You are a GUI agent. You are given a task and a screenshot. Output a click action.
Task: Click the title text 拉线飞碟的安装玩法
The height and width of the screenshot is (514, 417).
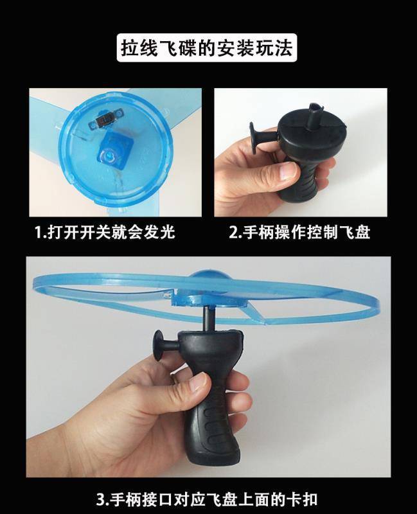tap(207, 48)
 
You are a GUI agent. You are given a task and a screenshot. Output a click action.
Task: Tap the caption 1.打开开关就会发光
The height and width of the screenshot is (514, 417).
tap(105, 233)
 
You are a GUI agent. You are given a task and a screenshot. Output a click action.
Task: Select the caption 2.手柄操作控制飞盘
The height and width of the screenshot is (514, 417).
tap(299, 233)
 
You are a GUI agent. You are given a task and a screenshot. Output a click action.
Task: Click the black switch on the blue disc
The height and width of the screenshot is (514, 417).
tap(105, 120)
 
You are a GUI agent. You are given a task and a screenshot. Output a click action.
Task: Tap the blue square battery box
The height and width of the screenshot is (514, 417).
tap(113, 150)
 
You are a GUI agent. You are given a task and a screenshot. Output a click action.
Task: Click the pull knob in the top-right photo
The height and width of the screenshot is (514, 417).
tap(260, 137)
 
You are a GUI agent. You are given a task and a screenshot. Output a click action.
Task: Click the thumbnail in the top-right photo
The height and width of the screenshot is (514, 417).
tap(287, 170)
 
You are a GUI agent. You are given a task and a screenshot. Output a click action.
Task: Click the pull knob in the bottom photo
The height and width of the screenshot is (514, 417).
tap(166, 346)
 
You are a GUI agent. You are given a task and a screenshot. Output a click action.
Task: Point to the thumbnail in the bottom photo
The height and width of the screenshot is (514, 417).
tap(199, 382)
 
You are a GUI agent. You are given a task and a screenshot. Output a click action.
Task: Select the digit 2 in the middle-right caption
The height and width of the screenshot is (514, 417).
tap(233, 233)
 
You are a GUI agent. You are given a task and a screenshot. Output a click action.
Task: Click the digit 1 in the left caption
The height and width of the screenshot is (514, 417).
tap(39, 233)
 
